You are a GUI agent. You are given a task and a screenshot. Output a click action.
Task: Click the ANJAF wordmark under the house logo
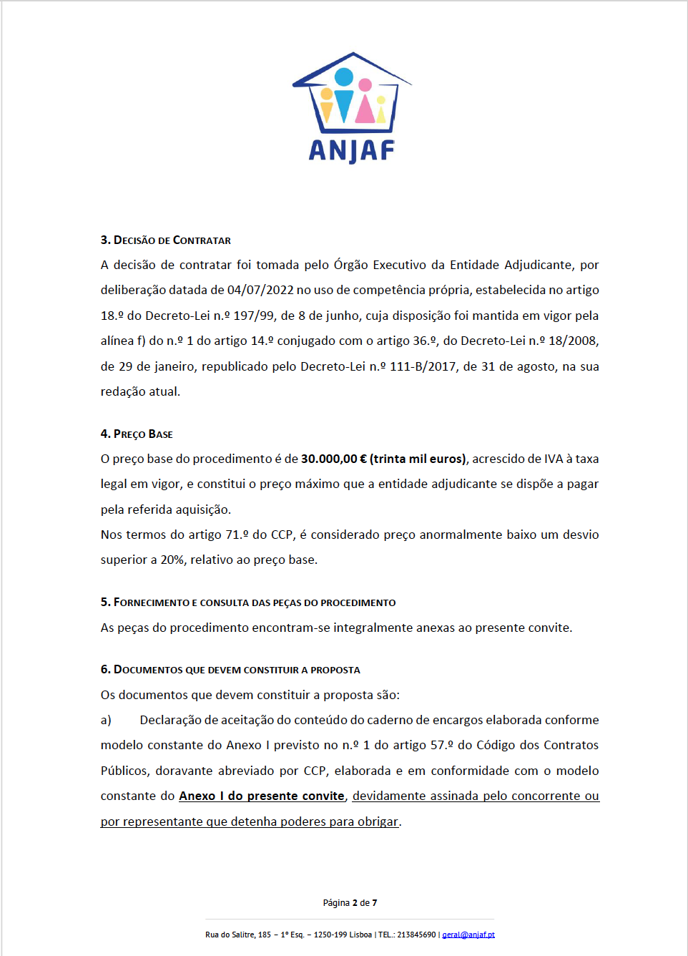[352, 150]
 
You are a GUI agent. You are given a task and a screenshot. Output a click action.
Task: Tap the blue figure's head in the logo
[344, 77]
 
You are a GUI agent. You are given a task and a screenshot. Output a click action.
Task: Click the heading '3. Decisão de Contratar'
[165, 240]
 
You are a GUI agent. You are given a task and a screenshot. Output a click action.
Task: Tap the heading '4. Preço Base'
[137, 434]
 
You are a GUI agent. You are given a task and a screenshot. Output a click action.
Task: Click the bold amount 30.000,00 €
[333, 459]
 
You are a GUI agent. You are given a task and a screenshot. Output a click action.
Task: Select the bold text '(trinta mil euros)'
[418, 459]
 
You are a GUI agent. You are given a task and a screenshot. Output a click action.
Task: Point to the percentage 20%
[172, 560]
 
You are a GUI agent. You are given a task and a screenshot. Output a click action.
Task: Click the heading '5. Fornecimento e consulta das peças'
[248, 603]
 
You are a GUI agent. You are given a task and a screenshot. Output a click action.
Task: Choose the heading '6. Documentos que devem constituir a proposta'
[230, 670]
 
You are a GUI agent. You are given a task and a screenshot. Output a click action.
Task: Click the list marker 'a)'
[106, 720]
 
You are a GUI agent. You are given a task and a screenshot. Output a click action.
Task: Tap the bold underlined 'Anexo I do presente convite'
[262, 796]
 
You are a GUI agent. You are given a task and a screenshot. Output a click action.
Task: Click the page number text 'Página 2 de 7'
[350, 903]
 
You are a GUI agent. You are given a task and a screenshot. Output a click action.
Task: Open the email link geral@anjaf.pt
[468, 935]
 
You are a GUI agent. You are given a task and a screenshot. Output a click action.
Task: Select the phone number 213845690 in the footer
[416, 935]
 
